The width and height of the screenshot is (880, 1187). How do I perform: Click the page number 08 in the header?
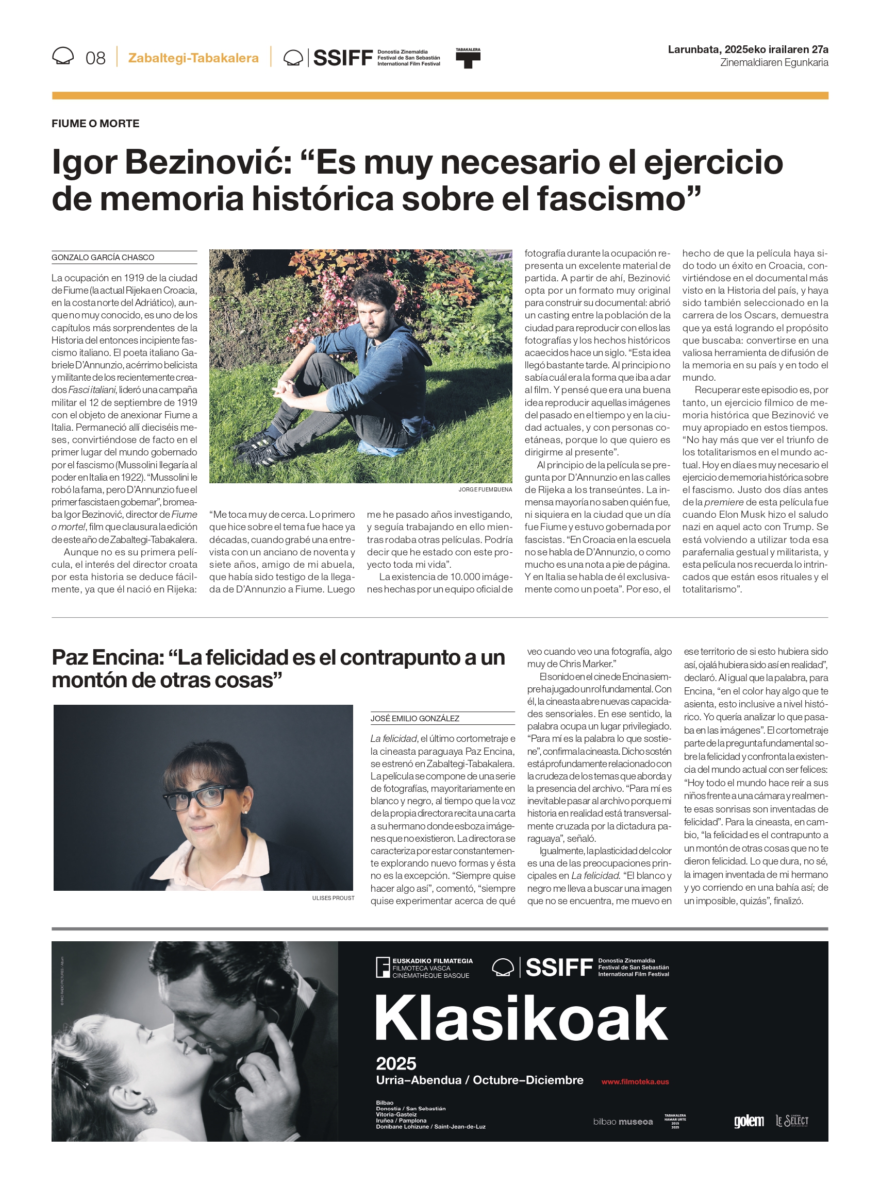(95, 58)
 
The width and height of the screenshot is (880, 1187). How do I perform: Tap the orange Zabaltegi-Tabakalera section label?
(193, 58)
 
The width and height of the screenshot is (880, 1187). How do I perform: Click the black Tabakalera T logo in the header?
(468, 59)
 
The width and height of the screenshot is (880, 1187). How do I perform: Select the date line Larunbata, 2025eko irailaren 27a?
(748, 49)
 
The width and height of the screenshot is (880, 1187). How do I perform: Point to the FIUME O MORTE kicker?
(95, 124)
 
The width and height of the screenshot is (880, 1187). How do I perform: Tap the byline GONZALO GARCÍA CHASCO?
(103, 258)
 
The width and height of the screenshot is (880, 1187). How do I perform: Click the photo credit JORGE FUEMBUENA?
(485, 489)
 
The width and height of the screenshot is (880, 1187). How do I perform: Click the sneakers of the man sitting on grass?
(261, 447)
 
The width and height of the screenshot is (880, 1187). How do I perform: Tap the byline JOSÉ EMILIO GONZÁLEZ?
(415, 719)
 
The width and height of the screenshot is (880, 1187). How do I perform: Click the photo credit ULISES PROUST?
(333, 898)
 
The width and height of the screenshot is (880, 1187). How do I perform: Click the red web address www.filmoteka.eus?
(635, 1081)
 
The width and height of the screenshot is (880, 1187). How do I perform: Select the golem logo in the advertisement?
(749, 1122)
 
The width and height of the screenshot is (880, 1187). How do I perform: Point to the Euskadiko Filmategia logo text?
(431, 968)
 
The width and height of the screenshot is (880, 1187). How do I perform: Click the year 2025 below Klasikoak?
(396, 1063)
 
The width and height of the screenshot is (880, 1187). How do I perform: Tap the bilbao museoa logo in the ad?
(623, 1122)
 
